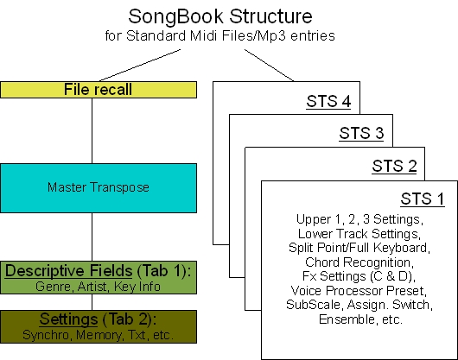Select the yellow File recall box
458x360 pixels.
(101, 89)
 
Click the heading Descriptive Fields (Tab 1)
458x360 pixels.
(100, 272)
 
